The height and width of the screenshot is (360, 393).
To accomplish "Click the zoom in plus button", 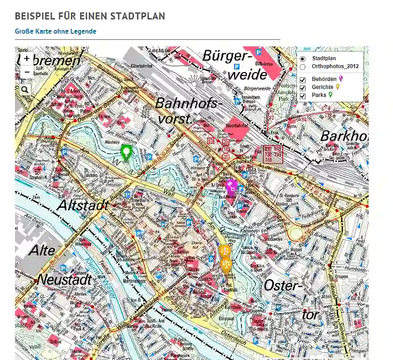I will [27, 59].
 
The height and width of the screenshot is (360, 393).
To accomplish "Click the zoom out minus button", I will [27, 72].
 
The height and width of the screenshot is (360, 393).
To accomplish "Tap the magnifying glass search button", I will [24, 89].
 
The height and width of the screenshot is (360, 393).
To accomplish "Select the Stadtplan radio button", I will [303, 59].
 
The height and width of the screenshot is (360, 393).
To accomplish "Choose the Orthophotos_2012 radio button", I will [303, 66].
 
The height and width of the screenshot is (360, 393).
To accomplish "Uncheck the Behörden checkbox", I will [303, 80].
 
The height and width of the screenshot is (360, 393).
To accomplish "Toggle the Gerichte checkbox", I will [303, 88].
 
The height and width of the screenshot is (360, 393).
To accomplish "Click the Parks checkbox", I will [303, 96].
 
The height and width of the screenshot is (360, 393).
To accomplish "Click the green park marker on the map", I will [126, 152].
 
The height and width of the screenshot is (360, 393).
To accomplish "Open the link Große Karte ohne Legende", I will [55, 31].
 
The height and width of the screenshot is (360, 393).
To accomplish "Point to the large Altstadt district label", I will [83, 205].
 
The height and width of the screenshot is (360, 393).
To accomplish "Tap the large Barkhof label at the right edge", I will [343, 136].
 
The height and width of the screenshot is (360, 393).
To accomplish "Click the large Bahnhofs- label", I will [186, 103].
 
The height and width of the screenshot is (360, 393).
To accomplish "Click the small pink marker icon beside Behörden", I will [341, 79].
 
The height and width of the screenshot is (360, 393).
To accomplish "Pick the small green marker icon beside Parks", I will [331, 95].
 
